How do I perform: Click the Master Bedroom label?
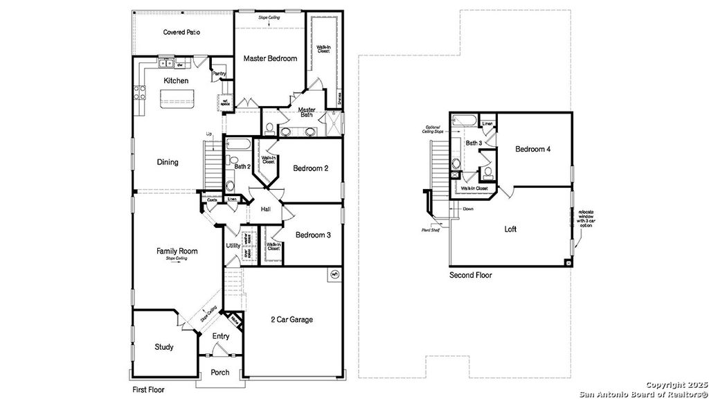coord(270,59)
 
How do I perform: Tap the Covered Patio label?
coord(181,32)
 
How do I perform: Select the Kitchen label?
coord(176,81)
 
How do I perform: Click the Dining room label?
coord(168,162)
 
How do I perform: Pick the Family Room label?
coord(177,251)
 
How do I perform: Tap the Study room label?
coord(164,347)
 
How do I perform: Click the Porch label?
coord(220,373)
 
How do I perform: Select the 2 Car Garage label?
coord(291,319)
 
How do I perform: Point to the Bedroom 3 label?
coord(313,236)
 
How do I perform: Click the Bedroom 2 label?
coord(310,168)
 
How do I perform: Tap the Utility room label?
coord(233,246)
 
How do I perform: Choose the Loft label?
coord(510,229)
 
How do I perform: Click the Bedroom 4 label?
coord(533,150)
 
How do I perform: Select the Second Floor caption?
coord(470,275)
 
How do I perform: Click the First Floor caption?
coord(148,390)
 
